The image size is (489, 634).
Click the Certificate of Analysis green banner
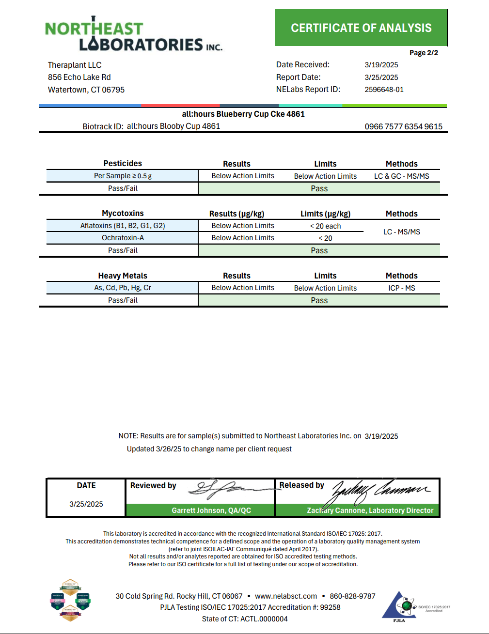point(361,28)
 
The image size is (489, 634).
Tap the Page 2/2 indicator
point(424,53)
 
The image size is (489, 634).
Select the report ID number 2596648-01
point(384,90)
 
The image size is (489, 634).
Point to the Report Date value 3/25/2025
point(381,77)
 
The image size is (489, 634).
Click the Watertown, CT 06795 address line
point(86,90)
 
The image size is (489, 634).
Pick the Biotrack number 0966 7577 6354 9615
point(403,126)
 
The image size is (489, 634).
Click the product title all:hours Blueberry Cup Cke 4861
point(243,114)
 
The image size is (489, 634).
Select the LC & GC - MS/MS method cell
point(401,176)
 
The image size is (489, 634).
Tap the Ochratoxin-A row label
point(123,238)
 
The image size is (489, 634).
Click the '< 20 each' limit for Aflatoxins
point(325,226)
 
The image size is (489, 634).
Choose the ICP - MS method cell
point(401,288)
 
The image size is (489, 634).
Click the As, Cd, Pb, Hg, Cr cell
point(123,288)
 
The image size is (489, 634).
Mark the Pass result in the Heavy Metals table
point(319,300)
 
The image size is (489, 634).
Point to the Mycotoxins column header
point(123,213)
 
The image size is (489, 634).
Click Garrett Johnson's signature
point(228,490)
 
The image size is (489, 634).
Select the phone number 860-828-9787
point(352,596)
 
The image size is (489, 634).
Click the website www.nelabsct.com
point(286,596)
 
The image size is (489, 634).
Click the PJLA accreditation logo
point(400,605)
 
